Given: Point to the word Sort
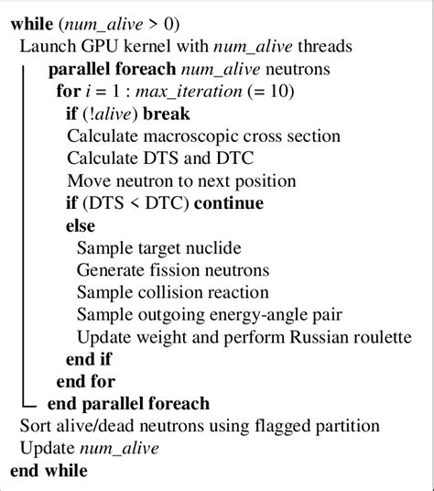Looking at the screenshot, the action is pyautogui.click(x=35, y=426).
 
